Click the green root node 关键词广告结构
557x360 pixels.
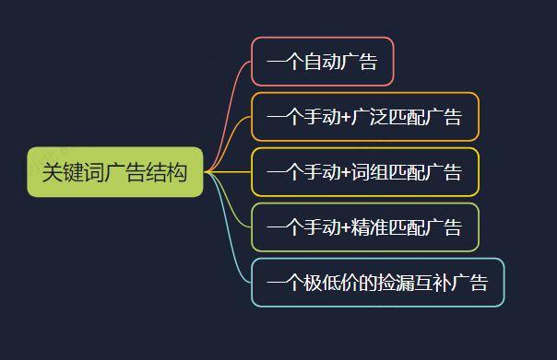(115, 172)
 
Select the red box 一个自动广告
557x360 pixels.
(323, 62)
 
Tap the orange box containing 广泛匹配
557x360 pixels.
(365, 117)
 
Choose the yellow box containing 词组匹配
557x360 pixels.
(365, 172)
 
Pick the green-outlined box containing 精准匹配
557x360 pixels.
(365, 227)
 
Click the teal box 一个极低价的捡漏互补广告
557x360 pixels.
(378, 283)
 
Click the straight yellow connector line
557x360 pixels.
(228, 172)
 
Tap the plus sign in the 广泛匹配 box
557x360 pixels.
(346, 117)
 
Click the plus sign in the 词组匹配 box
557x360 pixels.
(346, 172)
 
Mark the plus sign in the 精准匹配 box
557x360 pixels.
(346, 227)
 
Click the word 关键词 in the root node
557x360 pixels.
(73, 172)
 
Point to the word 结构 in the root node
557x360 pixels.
(166, 172)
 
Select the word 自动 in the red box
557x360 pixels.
(323, 62)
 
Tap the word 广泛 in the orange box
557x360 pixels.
(370, 117)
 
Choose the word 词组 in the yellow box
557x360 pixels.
(370, 172)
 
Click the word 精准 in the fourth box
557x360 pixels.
(370, 227)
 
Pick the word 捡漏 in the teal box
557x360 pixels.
(396, 283)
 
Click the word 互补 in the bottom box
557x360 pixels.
(433, 283)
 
